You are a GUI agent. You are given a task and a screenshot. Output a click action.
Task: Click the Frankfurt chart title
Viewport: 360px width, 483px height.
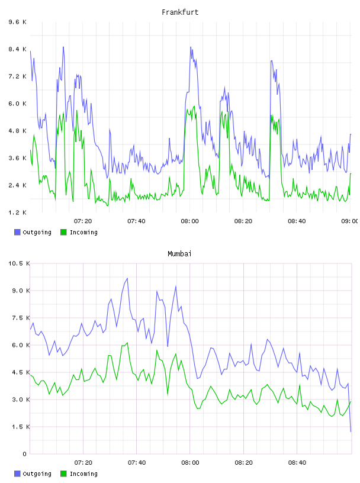click(x=180, y=12)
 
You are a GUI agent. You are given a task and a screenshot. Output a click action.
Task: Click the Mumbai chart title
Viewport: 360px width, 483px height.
click(x=179, y=254)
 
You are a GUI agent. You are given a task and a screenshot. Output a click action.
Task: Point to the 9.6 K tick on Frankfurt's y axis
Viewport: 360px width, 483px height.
click(x=18, y=22)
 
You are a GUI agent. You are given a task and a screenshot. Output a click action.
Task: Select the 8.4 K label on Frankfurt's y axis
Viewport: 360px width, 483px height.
click(x=18, y=49)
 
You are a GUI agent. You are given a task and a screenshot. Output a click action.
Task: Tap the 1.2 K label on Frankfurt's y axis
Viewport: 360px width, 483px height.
click(x=18, y=212)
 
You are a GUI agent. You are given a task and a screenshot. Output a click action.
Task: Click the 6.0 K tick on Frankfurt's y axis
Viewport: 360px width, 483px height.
click(x=18, y=104)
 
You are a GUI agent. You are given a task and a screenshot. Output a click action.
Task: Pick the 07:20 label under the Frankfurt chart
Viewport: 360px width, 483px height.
click(x=83, y=221)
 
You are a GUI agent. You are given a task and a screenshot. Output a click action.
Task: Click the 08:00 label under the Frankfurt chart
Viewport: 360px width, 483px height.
click(x=190, y=221)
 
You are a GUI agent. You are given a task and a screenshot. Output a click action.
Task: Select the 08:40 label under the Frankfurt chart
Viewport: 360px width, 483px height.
click(x=297, y=221)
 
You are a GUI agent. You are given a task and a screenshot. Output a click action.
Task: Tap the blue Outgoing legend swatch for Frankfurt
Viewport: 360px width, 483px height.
click(x=17, y=232)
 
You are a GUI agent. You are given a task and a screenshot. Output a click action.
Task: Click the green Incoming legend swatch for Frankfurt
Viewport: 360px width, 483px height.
click(x=63, y=232)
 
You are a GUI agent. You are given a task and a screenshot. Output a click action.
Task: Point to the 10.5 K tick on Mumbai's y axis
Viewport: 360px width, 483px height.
click(x=19, y=263)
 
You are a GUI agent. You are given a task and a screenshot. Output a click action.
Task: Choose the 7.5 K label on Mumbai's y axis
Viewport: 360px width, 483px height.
click(x=21, y=318)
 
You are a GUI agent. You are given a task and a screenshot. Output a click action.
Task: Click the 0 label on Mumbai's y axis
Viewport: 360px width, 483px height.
click(x=24, y=454)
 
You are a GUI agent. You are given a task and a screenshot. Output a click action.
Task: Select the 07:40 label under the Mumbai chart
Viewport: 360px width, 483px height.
click(x=137, y=462)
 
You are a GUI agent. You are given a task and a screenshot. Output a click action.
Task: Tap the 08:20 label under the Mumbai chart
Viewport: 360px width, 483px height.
click(x=243, y=462)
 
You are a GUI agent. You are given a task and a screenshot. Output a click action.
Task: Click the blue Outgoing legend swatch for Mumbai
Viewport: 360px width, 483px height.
click(x=17, y=474)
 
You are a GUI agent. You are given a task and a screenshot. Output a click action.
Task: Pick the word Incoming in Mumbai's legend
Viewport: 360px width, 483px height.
click(x=83, y=474)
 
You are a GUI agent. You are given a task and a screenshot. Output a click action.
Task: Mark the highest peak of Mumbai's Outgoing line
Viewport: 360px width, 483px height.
click(x=127, y=278)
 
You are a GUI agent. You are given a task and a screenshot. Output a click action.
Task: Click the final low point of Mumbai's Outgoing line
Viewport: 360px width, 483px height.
click(x=351, y=432)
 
